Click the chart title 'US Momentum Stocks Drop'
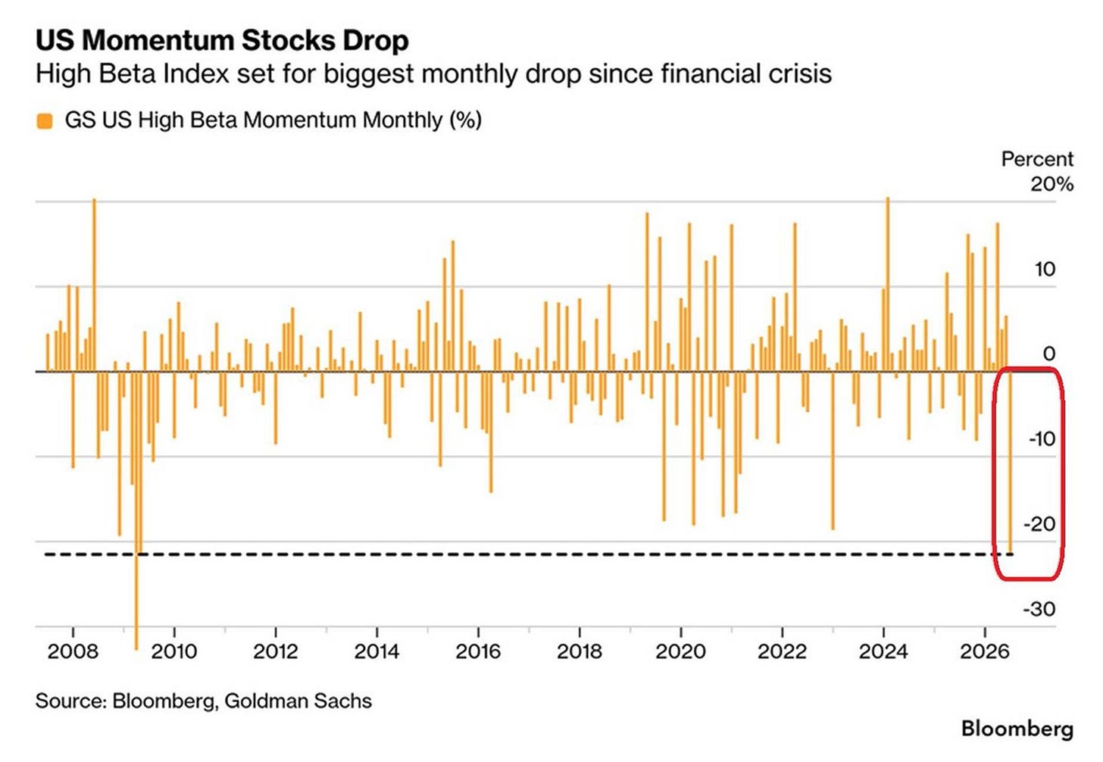coord(222,40)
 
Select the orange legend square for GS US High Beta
coord(45,121)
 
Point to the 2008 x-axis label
coord(73,651)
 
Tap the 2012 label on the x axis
coord(275,651)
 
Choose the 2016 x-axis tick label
coord(477,651)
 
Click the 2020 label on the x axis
coord(680,651)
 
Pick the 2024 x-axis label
coord(883,651)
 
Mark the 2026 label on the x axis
coord(985,651)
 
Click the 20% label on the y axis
coord(1052,185)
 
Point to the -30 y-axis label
coord(1040,610)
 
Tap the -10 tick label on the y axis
coord(1042,439)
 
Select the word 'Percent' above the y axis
coord(1038,160)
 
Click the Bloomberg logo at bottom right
coord(1017,729)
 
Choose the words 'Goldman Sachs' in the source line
coord(298,701)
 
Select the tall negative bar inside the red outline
coord(1010,462)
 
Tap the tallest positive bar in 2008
coord(94,286)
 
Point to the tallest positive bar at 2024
coord(887,285)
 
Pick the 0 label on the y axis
coord(1049,354)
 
